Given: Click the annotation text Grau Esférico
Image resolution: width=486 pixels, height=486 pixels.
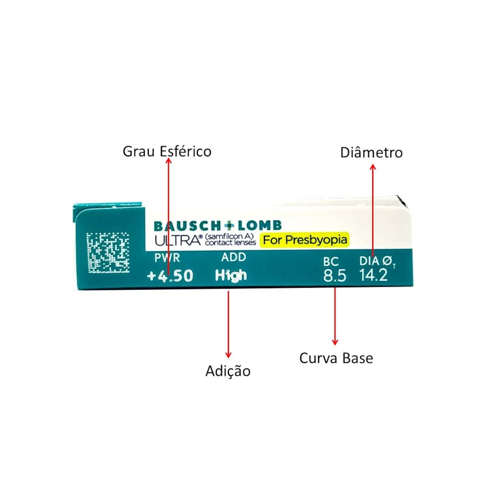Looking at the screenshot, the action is pos(167,152).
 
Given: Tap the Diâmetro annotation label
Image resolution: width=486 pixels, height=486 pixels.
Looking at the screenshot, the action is pos(371,153).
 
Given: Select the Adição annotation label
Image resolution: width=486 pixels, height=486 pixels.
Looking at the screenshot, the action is pos(228,371).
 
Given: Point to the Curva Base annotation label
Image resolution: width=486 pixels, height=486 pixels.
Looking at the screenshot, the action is pos(336,358).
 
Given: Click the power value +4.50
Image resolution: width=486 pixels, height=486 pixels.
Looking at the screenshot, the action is pos(170,276).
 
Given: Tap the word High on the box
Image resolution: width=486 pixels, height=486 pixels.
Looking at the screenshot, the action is pos(231,276).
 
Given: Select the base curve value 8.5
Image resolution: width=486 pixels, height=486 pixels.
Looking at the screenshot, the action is pos(334,276).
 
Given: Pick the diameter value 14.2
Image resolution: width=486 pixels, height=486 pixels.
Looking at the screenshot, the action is pos(373,275).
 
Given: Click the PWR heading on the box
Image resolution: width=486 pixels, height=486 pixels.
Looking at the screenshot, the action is pos(167,258).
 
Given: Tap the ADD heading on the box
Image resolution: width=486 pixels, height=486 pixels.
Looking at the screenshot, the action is pos(234,257).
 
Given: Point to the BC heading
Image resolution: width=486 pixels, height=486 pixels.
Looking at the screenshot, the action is pos(330,261).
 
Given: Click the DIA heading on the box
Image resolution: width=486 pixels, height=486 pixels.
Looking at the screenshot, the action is pos(369,261).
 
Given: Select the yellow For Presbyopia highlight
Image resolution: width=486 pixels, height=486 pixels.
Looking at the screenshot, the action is pos(305,240).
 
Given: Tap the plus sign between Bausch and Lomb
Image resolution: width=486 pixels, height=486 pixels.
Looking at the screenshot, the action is pos(229,226).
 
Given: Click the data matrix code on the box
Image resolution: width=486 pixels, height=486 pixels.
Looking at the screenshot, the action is pos(107,253).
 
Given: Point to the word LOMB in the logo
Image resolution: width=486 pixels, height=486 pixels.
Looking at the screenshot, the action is pos(260,226).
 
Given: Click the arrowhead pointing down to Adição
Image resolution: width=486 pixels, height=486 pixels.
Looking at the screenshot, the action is pos(228,355).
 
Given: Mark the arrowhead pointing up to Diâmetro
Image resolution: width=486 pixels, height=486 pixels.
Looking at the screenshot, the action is pos(373,167).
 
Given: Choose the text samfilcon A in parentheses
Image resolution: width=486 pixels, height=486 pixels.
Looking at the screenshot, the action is pos(229,237).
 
